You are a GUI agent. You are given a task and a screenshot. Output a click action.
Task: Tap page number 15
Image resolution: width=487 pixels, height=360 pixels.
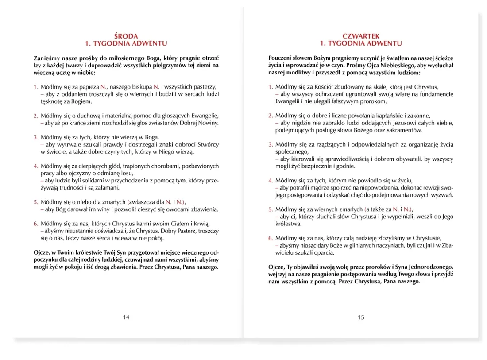pyautogui.click(x=361, y=317)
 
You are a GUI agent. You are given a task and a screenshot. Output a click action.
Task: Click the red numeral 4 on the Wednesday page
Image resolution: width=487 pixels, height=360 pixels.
pyautogui.click(x=36, y=166)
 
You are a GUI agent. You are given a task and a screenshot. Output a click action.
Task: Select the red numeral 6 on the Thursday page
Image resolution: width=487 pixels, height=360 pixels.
pyautogui.click(x=271, y=238)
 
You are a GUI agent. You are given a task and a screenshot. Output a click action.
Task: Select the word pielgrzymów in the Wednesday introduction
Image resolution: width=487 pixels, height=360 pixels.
pyautogui.click(x=155, y=65)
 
